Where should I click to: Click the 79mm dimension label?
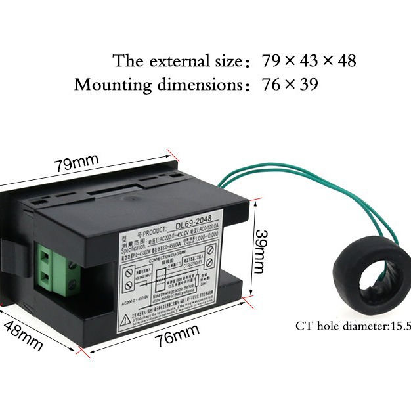(76, 163)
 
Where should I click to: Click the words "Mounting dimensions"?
(155, 85)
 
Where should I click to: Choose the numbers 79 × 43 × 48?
(309, 62)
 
